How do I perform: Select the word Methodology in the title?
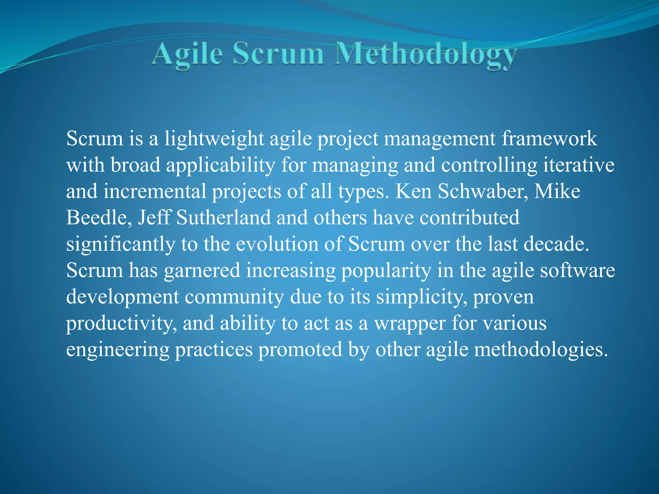425,55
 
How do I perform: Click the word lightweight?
214,139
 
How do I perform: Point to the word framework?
549,139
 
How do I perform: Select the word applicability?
221,165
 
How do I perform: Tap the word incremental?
154,192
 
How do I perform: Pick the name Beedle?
99,218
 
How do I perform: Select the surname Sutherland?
223,218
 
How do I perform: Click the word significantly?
120,244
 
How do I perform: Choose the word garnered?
202,271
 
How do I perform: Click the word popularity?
386,271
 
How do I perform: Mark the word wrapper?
409,324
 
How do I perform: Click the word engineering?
117,350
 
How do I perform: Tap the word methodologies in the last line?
541,350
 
